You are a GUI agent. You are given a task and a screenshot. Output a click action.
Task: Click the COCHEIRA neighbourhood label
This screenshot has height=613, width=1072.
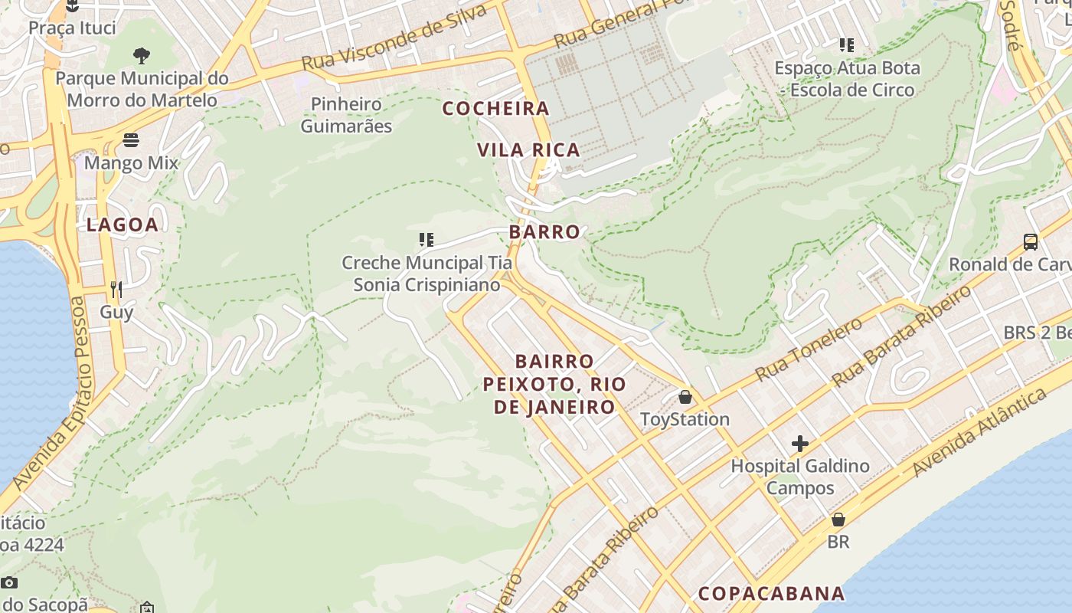click(x=496, y=109)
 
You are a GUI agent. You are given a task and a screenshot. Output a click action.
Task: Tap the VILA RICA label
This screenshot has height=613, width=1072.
click(x=529, y=149)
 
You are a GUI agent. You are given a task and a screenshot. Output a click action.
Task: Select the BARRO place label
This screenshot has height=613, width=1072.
click(x=544, y=231)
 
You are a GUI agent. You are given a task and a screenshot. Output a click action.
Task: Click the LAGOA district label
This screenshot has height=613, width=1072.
click(x=123, y=225)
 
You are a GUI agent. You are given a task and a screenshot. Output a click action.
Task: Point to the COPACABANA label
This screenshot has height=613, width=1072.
click(x=771, y=594)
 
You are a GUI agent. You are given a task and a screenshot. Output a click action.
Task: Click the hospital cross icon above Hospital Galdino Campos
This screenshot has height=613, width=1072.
click(x=800, y=444)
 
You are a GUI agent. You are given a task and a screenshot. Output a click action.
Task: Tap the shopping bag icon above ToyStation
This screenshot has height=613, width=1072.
click(x=685, y=397)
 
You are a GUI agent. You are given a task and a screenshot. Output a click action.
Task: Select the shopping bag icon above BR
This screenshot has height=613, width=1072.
click(x=838, y=520)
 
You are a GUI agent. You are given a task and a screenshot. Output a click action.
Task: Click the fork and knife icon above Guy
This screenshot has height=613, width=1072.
click(x=116, y=289)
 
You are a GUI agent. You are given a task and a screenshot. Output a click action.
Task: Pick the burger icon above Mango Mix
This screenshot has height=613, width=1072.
click(x=131, y=140)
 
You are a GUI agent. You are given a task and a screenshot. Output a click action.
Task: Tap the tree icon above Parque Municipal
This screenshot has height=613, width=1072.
click(x=142, y=55)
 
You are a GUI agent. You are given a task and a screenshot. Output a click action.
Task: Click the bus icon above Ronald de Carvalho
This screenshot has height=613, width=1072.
click(x=1031, y=242)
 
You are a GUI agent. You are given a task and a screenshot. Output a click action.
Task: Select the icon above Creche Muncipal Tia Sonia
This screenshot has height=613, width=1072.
click(x=427, y=240)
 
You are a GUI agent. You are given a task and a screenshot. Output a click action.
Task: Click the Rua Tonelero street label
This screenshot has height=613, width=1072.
click(x=809, y=349)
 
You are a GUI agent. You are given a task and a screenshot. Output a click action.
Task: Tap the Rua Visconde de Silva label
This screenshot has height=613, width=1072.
click(x=394, y=38)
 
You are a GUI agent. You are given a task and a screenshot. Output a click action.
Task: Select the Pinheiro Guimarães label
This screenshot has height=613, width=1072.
click(x=346, y=115)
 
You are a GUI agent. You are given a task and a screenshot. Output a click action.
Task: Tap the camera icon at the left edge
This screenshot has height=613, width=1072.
click(x=9, y=582)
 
